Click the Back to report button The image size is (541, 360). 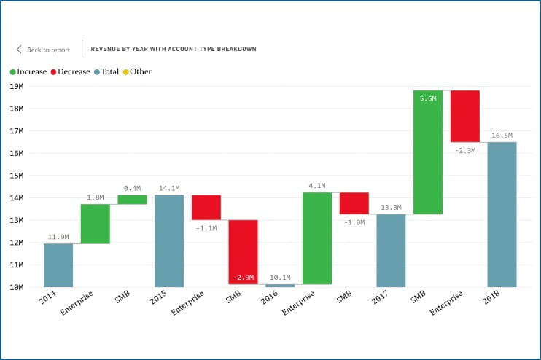[x=43, y=50]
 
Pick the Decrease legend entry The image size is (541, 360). [x=70, y=71]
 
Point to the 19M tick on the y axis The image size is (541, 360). [x=17, y=86]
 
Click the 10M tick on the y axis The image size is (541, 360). [x=17, y=287]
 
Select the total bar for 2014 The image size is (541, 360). [x=58, y=265]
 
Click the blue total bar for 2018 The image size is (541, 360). [x=502, y=214]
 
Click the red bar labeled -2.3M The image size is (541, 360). [x=464, y=116]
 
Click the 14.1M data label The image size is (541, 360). [x=169, y=187]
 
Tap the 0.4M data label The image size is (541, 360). [x=132, y=187]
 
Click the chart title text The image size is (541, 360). [x=174, y=50]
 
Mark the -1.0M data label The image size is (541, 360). [x=354, y=222]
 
